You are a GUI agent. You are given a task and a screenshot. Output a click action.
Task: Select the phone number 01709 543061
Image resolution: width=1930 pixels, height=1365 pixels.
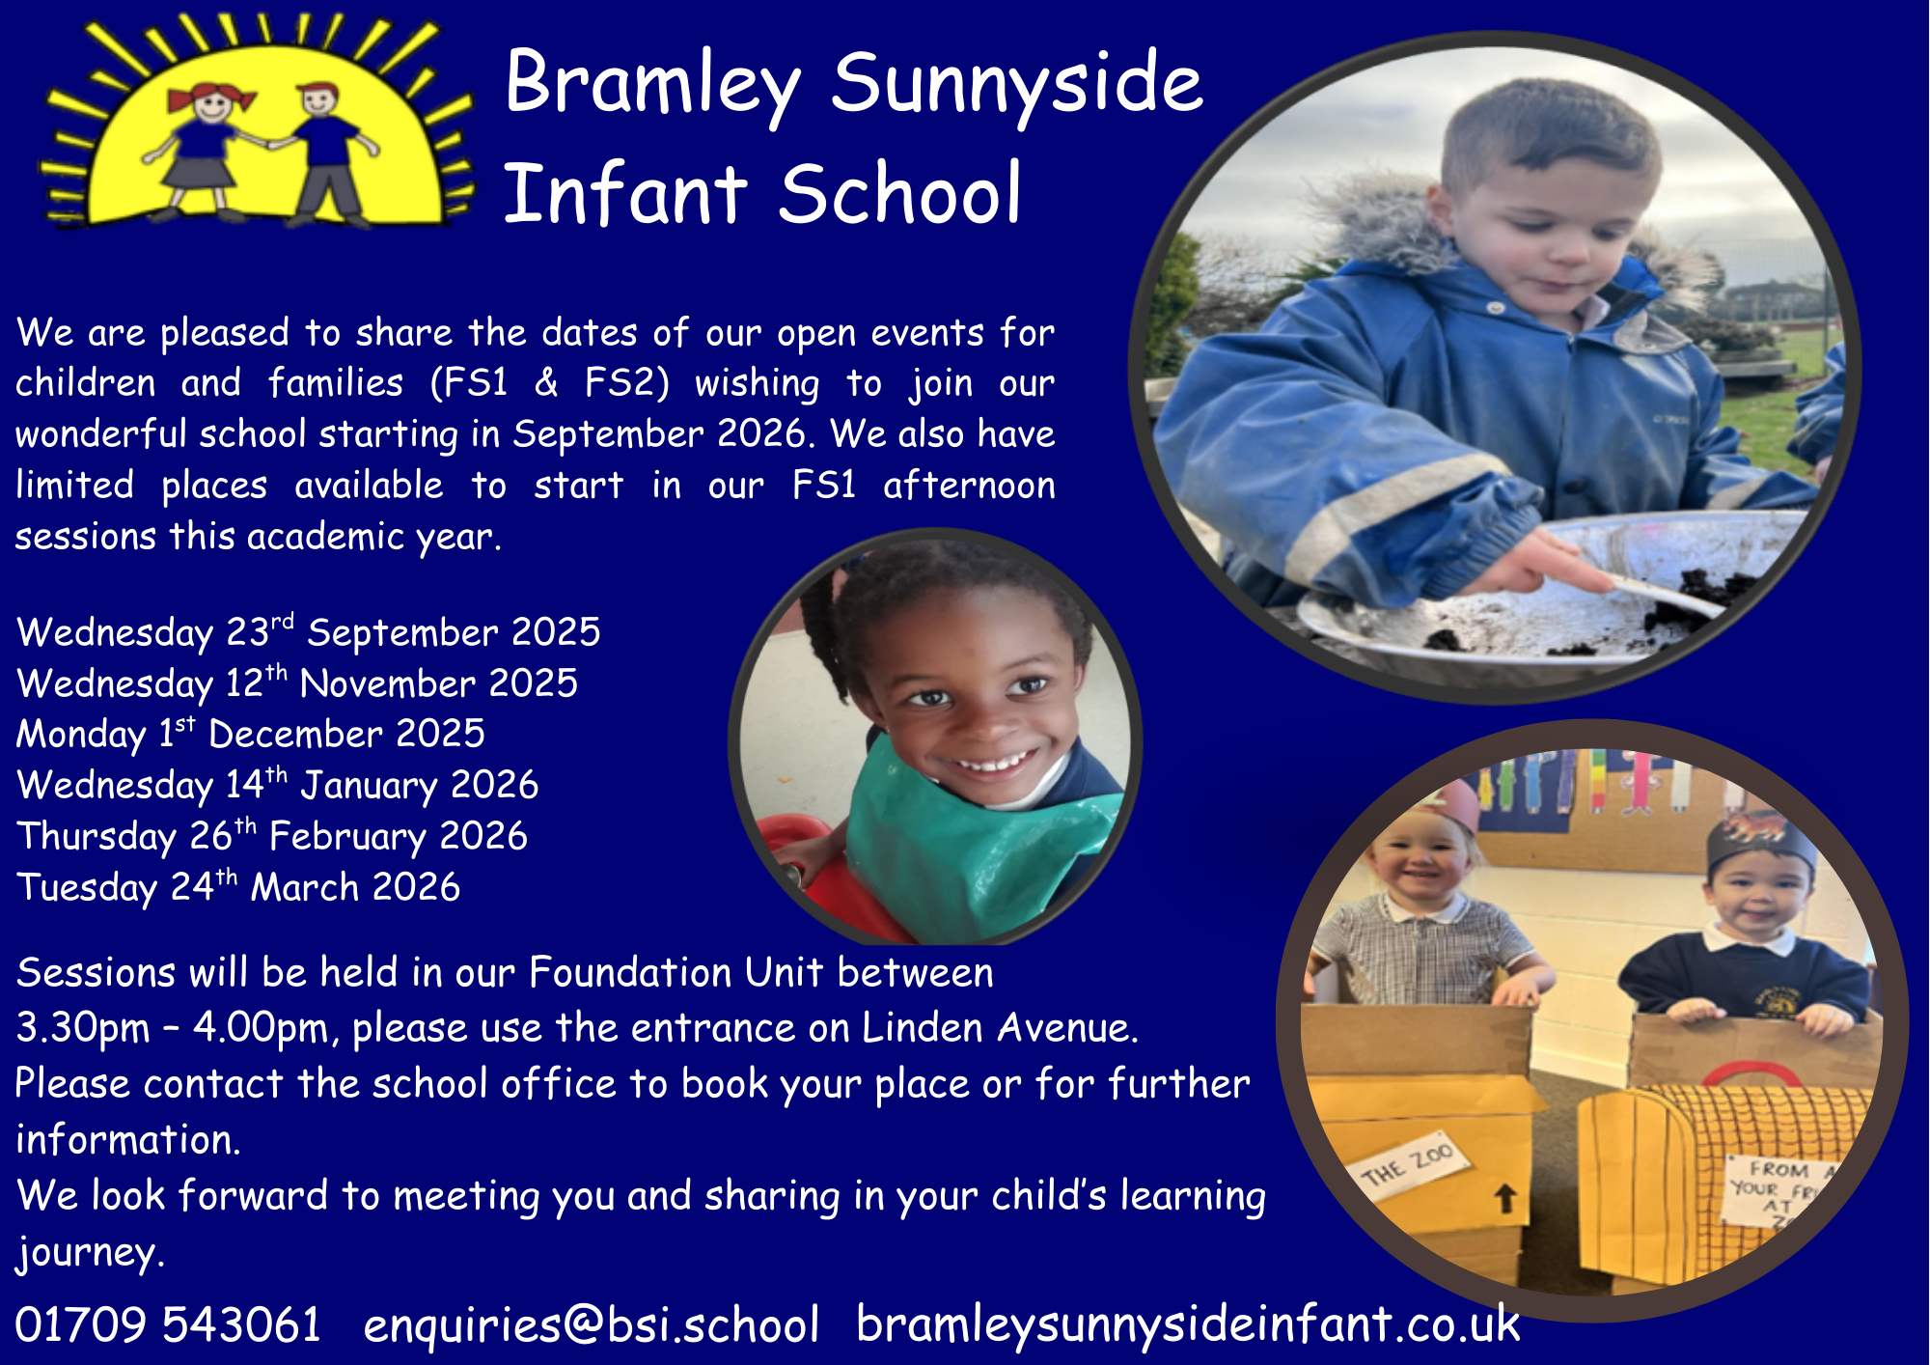click(x=168, y=1323)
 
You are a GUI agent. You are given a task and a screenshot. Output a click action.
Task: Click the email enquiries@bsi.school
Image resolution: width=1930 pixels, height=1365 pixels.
click(x=592, y=1323)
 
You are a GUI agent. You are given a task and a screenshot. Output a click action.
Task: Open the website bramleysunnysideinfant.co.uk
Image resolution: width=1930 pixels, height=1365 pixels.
click(x=1188, y=1323)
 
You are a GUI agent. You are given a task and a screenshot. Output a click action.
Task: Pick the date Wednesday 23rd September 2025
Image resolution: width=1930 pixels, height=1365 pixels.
click(x=309, y=632)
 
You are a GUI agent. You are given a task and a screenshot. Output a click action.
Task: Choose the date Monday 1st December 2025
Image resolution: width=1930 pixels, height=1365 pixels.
click(x=251, y=734)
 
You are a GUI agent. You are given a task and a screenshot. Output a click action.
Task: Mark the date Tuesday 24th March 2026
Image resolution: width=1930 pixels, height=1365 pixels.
click(x=238, y=887)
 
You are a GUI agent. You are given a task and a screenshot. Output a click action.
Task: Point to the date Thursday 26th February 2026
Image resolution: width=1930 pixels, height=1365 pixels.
click(x=272, y=836)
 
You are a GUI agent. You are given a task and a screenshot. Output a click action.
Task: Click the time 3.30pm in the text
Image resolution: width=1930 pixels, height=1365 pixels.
click(x=83, y=1029)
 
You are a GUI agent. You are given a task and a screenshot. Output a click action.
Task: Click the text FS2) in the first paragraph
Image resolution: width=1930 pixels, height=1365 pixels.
click(x=626, y=383)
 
